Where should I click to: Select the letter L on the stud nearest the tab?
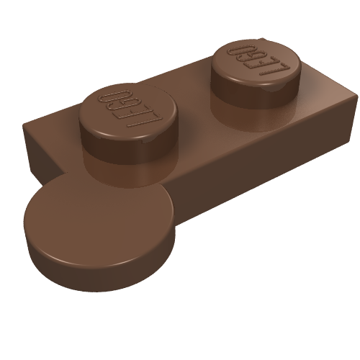(149, 115)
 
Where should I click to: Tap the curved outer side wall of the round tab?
(108, 270)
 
